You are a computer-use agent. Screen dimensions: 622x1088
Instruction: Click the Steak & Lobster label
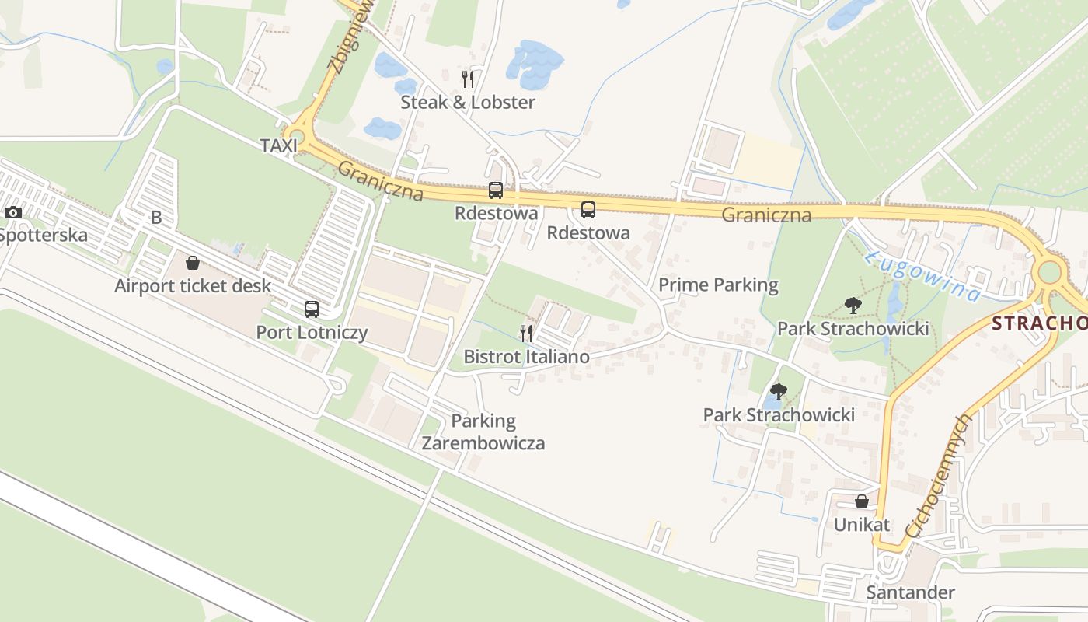tap(468, 102)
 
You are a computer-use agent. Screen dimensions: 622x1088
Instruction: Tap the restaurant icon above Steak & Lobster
tap(468, 79)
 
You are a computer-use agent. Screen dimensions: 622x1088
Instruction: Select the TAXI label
tap(279, 145)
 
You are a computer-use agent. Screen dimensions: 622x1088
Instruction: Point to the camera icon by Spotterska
tap(12, 212)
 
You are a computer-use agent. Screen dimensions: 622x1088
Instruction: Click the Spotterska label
tap(43, 235)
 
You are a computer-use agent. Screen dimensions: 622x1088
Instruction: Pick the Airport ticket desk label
tap(193, 285)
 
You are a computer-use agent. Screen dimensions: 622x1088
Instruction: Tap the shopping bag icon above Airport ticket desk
tap(193, 263)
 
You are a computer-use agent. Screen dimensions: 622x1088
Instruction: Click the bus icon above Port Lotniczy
tap(312, 309)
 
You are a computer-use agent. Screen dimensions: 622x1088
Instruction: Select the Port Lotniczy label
tap(312, 333)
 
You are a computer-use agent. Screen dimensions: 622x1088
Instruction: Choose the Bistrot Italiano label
tap(526, 357)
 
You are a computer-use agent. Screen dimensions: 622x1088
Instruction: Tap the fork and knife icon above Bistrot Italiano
tap(526, 334)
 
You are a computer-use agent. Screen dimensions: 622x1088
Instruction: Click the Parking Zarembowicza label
tap(483, 432)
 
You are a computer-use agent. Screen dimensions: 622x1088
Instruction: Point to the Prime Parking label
tap(718, 285)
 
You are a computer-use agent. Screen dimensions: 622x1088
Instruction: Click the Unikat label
tap(861, 525)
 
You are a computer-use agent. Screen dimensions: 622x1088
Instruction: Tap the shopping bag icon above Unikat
tap(861, 502)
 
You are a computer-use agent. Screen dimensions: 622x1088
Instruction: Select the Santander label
tap(910, 592)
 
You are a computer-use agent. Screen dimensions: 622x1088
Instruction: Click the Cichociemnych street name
tap(940, 475)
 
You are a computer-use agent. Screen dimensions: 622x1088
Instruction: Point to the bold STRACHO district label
tap(1040, 324)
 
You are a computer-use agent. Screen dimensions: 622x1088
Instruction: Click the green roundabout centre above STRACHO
tap(1049, 272)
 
